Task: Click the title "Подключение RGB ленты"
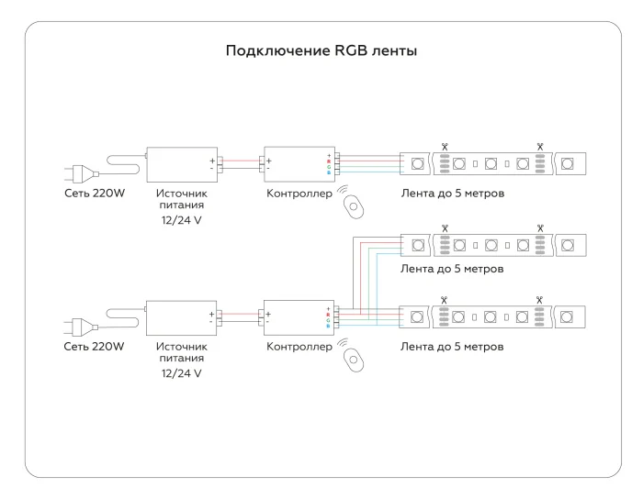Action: [x=321, y=50]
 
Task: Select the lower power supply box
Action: [x=181, y=317]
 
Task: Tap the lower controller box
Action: [x=299, y=317]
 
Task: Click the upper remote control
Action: [x=355, y=205]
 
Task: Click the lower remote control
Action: [x=355, y=359]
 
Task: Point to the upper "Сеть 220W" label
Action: [x=94, y=194]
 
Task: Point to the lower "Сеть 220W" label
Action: [x=94, y=348]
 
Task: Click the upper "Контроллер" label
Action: [x=299, y=194]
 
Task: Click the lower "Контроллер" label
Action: [x=299, y=348]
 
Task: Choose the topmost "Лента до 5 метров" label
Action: [x=453, y=194]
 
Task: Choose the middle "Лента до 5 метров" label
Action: [x=453, y=270]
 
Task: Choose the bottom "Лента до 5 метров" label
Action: [x=453, y=348]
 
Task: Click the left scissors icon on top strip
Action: [x=445, y=145]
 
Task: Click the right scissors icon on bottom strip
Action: [x=540, y=298]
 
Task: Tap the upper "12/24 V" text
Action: [x=181, y=221]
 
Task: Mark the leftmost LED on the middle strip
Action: [x=418, y=245]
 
